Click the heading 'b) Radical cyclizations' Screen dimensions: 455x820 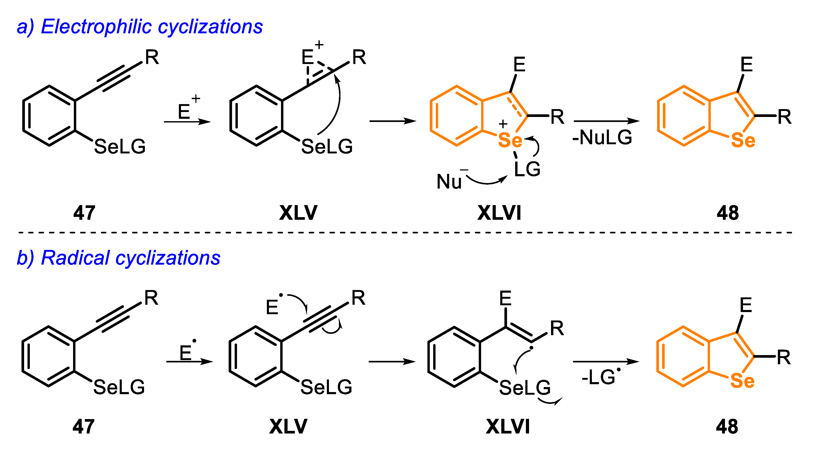pos(118,258)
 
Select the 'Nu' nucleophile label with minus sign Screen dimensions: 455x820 pos(449,181)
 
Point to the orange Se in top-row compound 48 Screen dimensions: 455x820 pos(743,140)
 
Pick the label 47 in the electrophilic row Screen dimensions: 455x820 pos(84,213)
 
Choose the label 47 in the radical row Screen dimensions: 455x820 pos(83,427)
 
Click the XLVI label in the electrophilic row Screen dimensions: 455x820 pos(499,213)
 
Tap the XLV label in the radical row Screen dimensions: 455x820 pos(288,427)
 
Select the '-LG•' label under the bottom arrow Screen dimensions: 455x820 pos(600,377)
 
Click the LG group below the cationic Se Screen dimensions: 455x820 pos(527,169)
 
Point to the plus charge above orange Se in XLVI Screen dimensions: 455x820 pos(503,124)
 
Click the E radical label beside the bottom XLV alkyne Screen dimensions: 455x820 pos(273,307)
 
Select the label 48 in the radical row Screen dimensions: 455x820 pos(727,427)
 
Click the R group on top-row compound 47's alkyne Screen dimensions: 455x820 pos(152,58)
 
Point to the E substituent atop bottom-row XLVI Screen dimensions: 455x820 pos(505,299)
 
